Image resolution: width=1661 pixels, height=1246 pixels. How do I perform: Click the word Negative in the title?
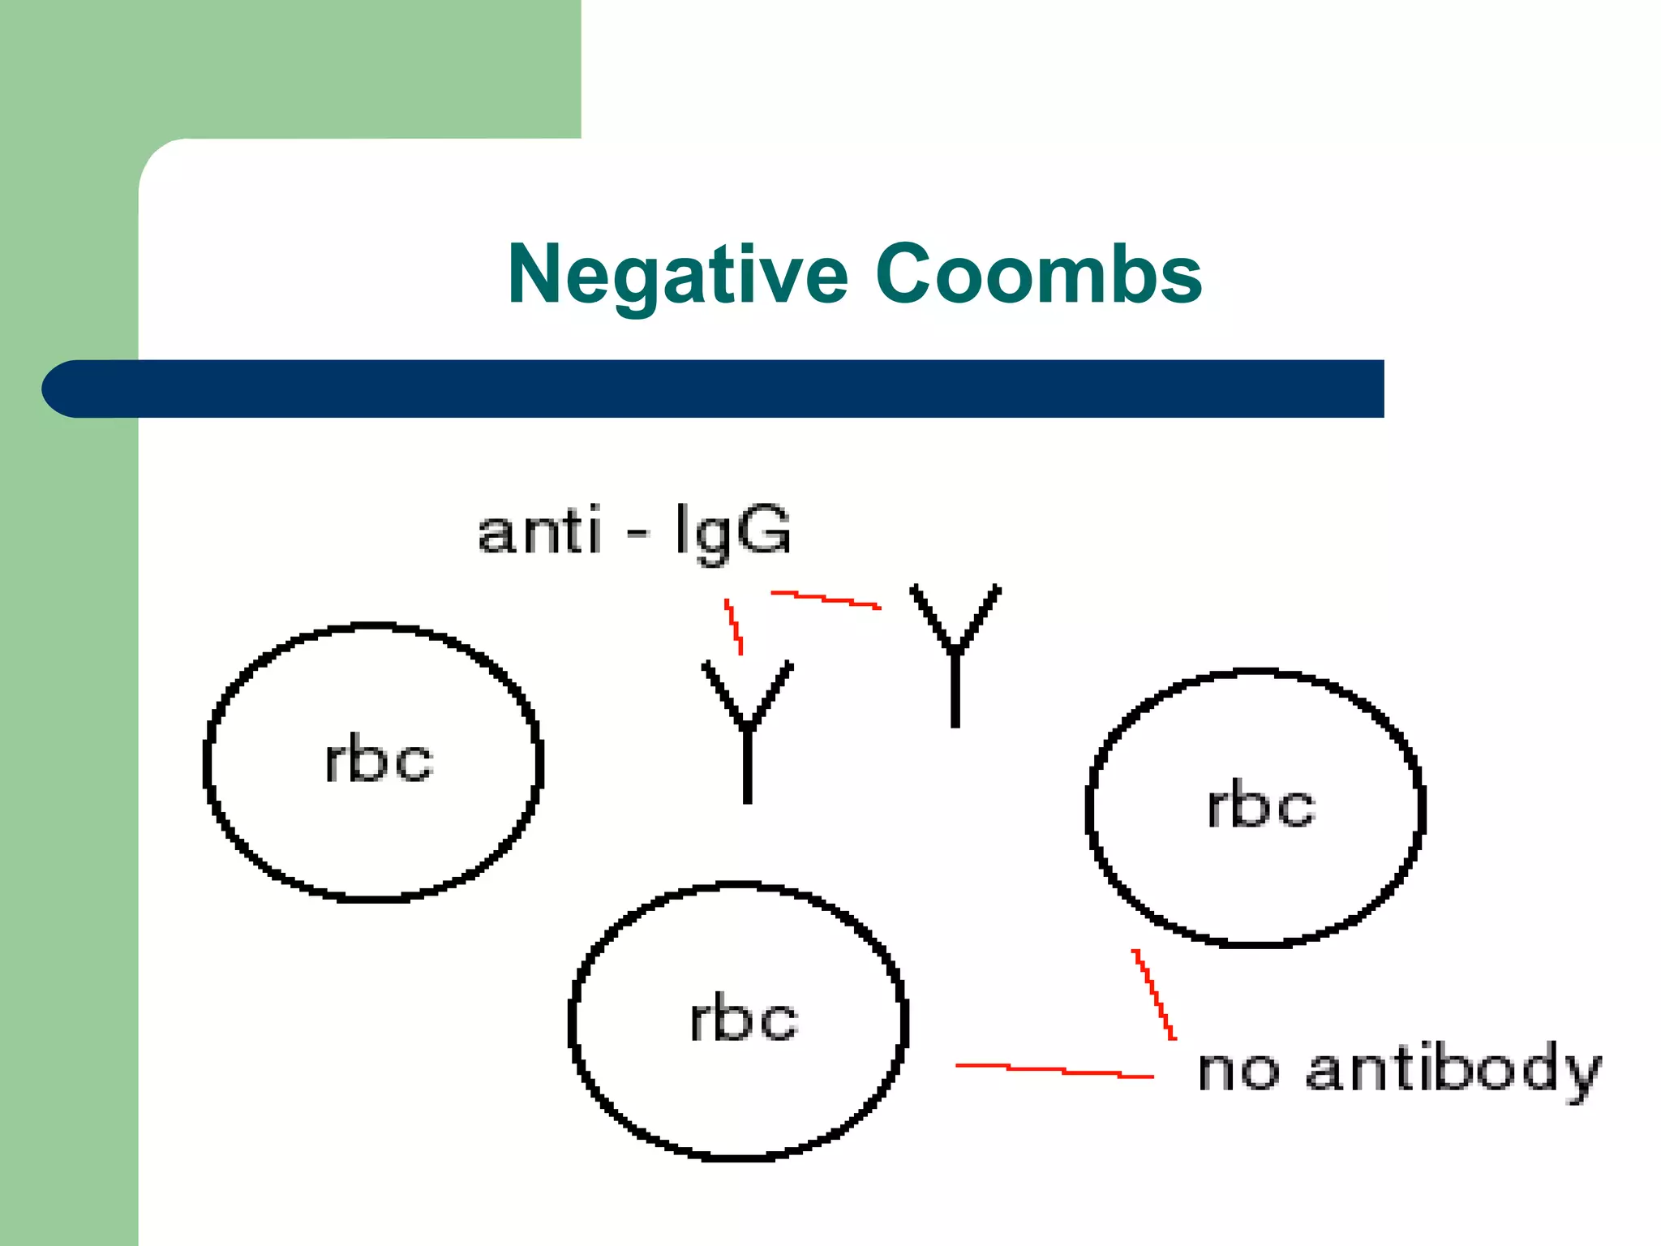click(678, 276)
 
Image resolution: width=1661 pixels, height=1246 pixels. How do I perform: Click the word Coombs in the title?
click(1038, 276)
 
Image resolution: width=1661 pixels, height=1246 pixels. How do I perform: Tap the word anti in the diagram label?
click(539, 531)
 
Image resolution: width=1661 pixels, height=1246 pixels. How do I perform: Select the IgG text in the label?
click(732, 531)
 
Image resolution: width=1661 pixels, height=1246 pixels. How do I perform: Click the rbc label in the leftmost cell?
click(379, 761)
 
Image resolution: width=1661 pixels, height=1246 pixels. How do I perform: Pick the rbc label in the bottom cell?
click(744, 1019)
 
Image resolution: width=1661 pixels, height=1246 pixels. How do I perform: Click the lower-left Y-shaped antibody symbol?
click(747, 730)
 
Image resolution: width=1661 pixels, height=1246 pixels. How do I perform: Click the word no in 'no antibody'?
click(1238, 1071)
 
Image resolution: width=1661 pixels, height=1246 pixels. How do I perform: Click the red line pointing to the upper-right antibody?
click(826, 599)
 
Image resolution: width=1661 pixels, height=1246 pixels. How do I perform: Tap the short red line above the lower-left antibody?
click(733, 626)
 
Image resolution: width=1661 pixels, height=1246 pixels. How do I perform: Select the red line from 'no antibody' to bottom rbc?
click(1054, 1070)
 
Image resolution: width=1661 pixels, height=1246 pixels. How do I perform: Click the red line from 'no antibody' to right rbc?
click(1154, 994)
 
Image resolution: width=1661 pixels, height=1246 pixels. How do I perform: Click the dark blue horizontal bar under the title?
click(730, 389)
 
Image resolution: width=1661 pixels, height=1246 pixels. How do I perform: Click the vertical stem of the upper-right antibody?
click(955, 690)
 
